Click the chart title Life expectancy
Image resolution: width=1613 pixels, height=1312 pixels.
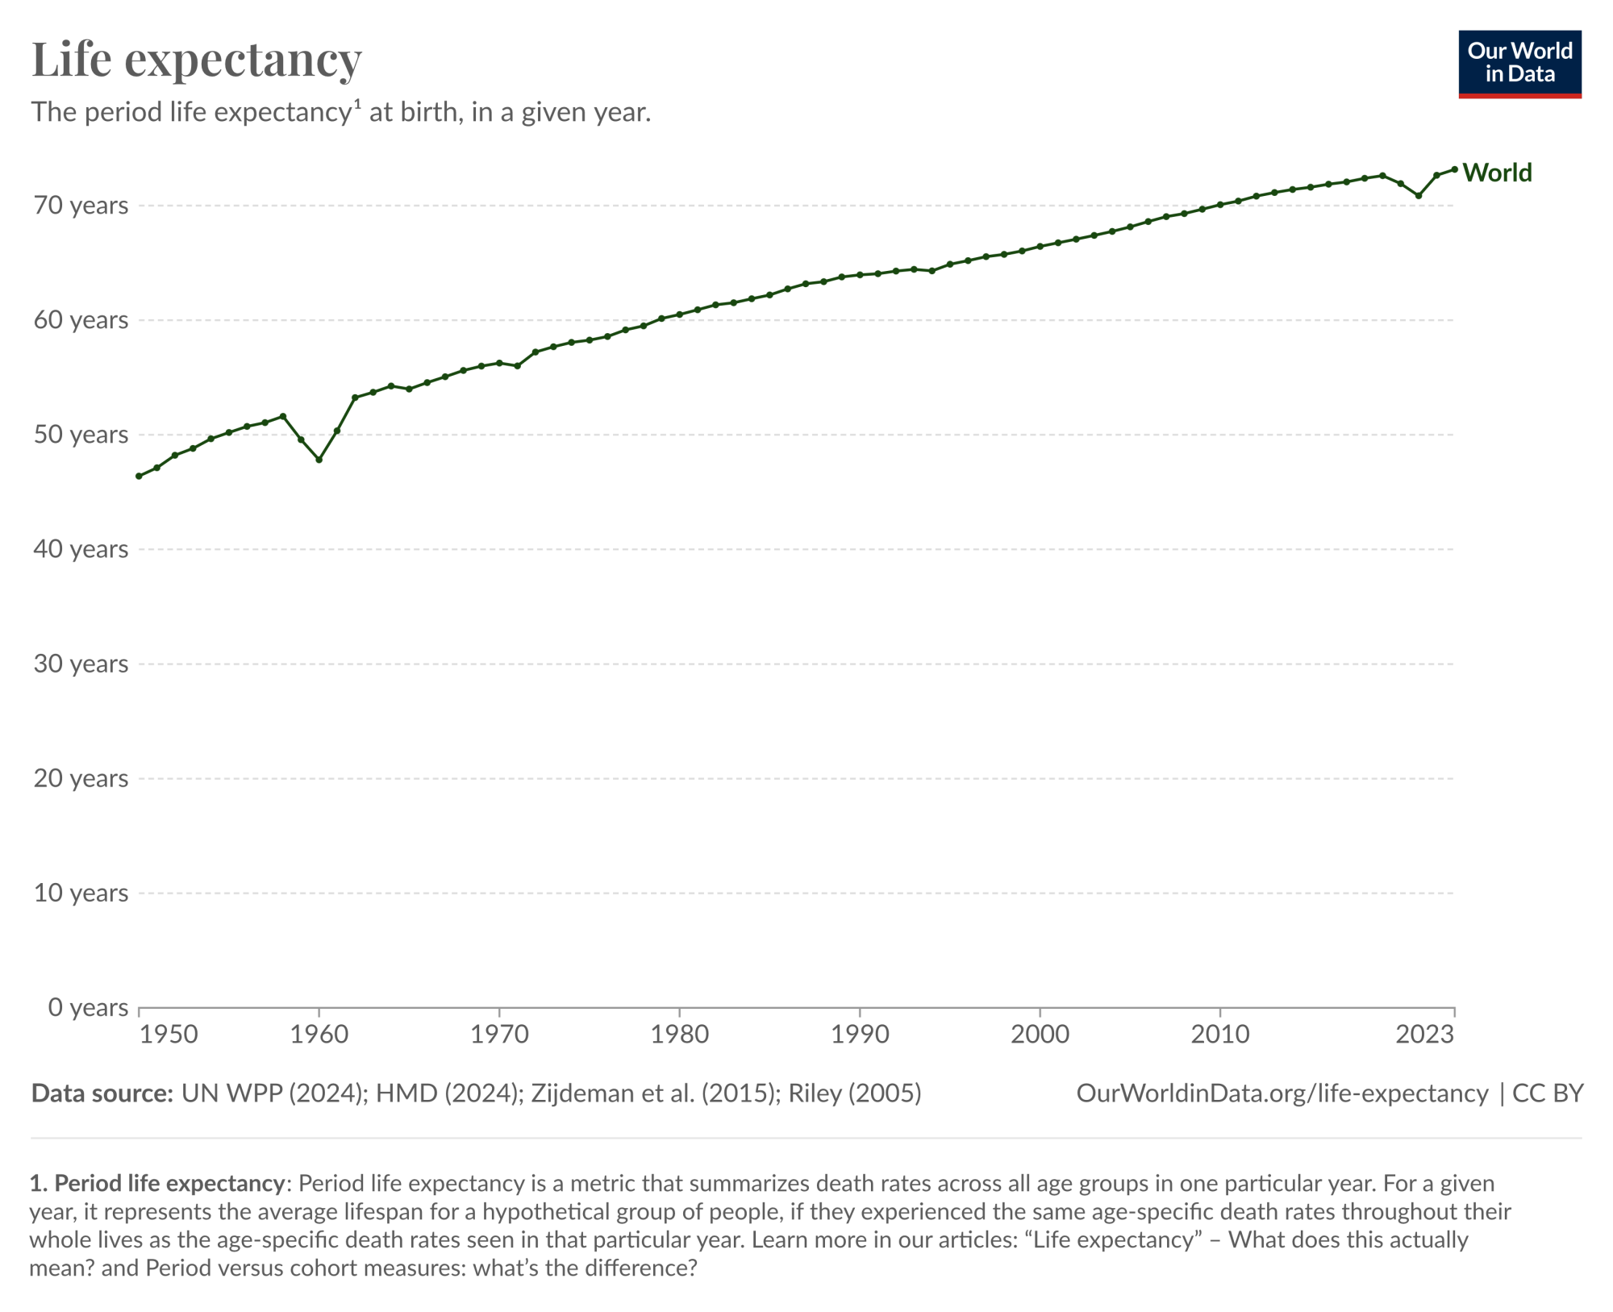[x=196, y=60]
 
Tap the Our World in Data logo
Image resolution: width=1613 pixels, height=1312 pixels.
[x=1519, y=64]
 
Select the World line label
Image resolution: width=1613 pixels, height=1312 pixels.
[x=1497, y=173]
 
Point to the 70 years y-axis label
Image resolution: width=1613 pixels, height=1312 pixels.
[x=81, y=206]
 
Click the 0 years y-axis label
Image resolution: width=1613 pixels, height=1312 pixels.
[x=88, y=1007]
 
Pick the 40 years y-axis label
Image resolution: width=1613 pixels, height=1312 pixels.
[x=81, y=549]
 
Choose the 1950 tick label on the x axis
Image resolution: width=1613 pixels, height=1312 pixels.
[x=169, y=1035]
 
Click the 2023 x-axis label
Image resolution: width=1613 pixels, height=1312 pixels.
[x=1424, y=1035]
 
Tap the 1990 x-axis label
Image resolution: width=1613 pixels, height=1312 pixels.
[x=860, y=1035]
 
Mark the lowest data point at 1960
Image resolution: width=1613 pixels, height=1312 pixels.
[x=319, y=460]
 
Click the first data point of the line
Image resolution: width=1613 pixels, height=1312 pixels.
[x=139, y=477]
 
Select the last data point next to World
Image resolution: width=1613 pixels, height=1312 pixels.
[x=1454, y=169]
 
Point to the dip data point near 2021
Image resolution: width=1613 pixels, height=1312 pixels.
[x=1419, y=196]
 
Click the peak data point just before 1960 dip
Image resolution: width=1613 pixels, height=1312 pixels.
[x=283, y=416]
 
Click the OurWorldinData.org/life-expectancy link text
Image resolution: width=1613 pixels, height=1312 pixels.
[x=1282, y=1093]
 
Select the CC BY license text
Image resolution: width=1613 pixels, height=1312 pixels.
[x=1548, y=1093]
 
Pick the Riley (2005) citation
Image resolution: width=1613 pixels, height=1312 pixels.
[x=855, y=1093]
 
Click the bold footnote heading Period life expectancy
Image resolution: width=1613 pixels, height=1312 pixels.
[x=169, y=1183]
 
